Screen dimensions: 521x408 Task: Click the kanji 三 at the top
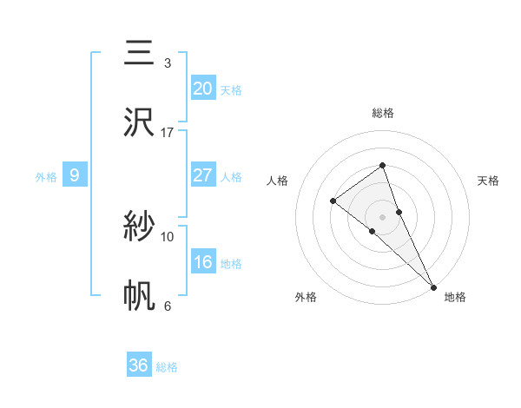[x=139, y=53]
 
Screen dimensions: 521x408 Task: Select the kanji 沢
[x=139, y=122]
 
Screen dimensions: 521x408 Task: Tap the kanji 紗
[x=139, y=227]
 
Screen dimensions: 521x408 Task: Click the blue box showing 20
[x=203, y=89]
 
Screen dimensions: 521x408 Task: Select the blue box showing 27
[x=203, y=175]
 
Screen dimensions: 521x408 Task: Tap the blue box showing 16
[x=203, y=262]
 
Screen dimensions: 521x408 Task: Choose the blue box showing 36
[x=139, y=365]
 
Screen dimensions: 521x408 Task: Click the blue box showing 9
[x=75, y=175]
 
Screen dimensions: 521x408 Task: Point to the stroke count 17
[x=168, y=133]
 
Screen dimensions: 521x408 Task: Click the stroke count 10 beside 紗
[x=168, y=236]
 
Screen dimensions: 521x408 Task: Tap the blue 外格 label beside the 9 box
[x=46, y=177]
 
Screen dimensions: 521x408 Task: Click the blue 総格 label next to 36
[x=167, y=367]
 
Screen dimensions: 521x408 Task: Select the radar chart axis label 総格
[x=382, y=113]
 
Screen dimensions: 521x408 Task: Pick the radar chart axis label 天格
[x=488, y=181]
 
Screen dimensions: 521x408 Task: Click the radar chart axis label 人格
[x=278, y=181]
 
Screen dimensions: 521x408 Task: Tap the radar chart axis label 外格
[x=306, y=297]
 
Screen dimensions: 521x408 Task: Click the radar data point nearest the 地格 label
[x=433, y=286]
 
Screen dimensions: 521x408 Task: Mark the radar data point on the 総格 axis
[x=382, y=165]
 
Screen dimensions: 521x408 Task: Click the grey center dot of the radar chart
[x=382, y=215]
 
